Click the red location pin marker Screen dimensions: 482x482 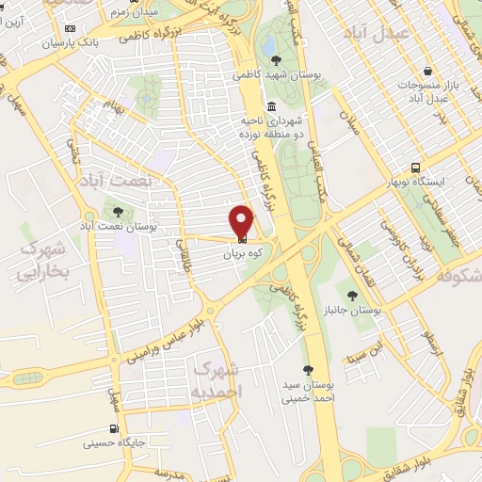point(242,220)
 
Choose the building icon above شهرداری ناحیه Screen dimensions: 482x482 point(272,105)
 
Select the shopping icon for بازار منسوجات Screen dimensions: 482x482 point(429,72)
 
